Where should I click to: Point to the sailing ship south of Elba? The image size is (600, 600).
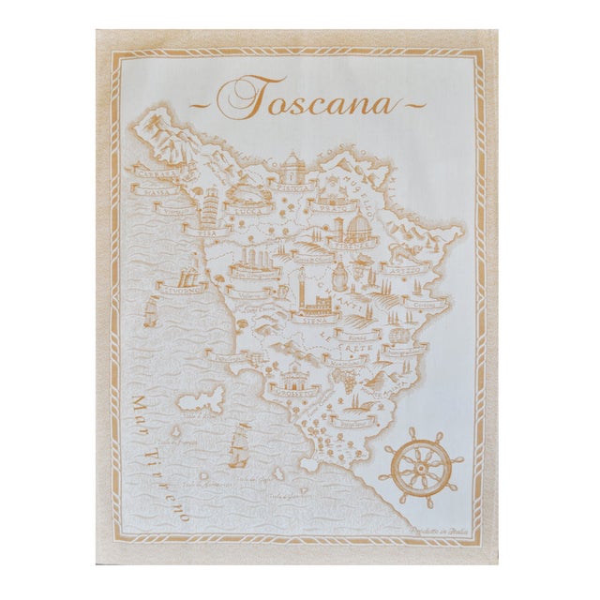click(238, 445)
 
